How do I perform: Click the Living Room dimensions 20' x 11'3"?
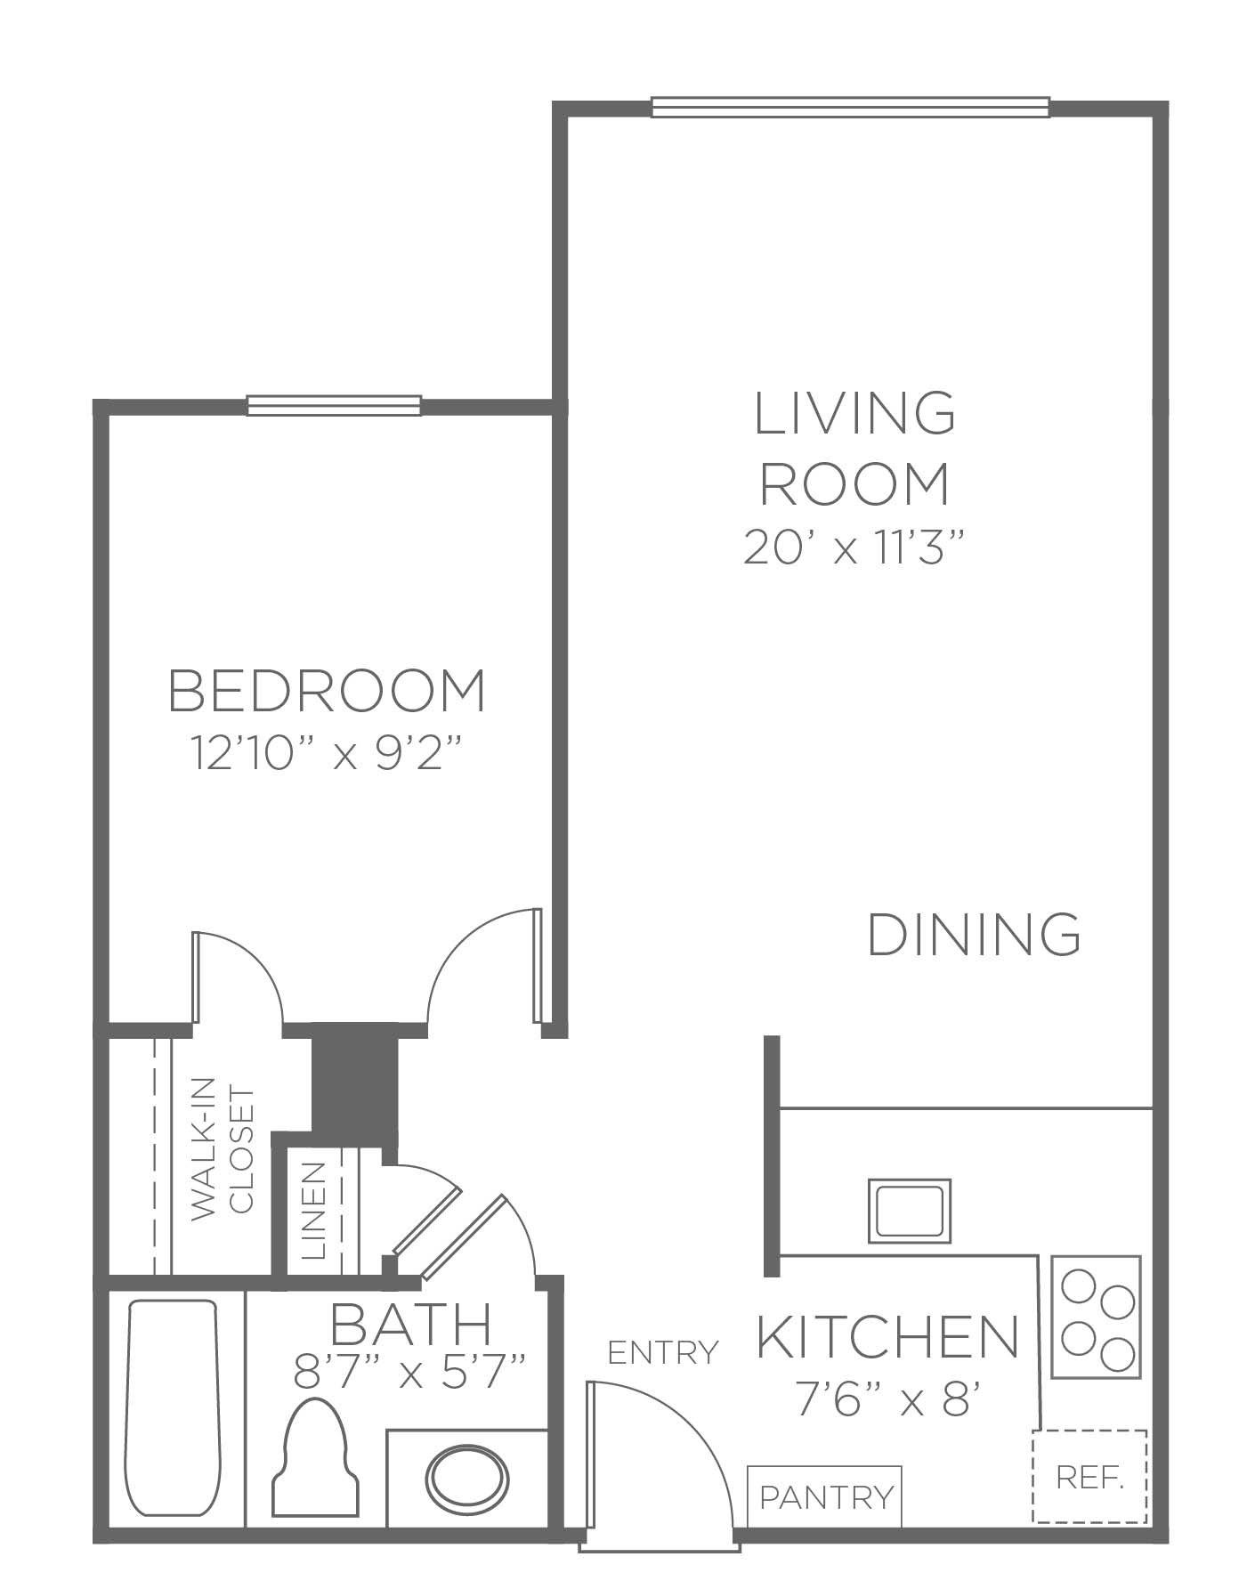[854, 547]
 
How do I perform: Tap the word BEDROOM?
[328, 691]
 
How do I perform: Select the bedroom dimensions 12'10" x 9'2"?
[327, 754]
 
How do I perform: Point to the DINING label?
[975, 934]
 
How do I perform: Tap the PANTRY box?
[824, 1497]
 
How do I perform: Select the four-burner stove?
[1097, 1317]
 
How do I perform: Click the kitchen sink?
[909, 1211]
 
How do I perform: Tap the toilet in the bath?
[315, 1457]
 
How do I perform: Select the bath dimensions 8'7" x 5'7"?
[410, 1372]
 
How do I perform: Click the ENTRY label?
[662, 1353]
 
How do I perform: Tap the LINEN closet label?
[314, 1211]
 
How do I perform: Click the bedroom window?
[334, 406]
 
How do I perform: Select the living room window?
[850, 107]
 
